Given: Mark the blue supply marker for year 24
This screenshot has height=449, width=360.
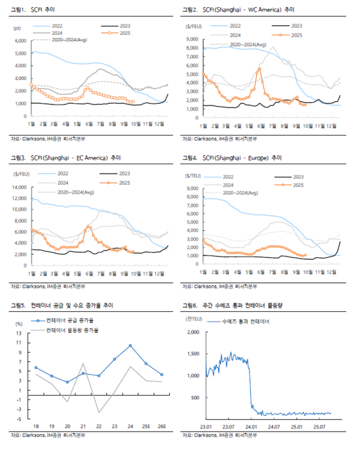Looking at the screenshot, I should coord(130,346).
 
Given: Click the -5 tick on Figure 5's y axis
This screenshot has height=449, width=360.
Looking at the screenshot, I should coord(20,418).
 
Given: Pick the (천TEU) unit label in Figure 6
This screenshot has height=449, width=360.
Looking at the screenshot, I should coord(193,317).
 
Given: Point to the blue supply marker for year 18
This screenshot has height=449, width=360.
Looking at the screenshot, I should coord(36,367).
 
